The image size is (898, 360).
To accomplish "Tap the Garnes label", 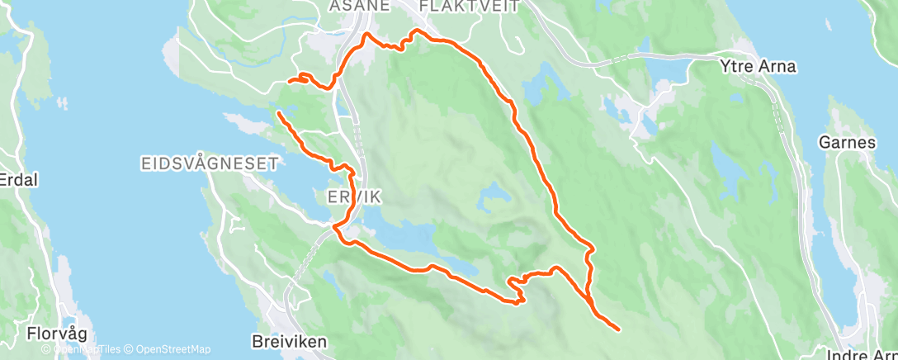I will pos(847,142).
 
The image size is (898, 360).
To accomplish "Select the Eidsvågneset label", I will pos(208,164).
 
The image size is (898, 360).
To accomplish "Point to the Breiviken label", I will pos(288,340).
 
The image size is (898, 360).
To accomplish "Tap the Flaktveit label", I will pos(457,7).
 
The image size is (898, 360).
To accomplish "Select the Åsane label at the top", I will pos(359,7).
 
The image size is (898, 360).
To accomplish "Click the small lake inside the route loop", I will pos(493,193).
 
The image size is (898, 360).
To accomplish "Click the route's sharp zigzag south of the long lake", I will pos(517,289).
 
